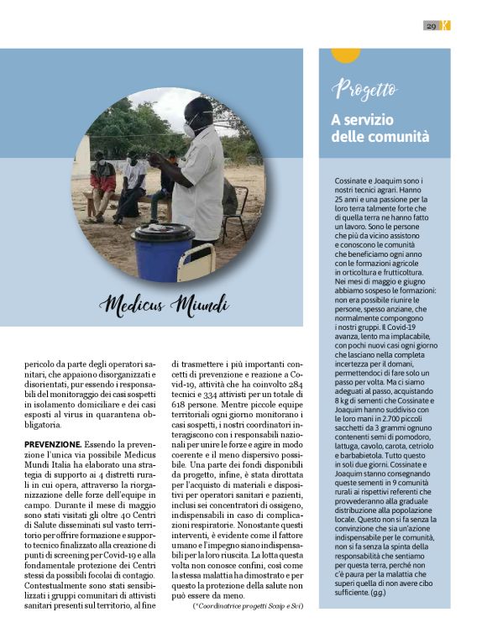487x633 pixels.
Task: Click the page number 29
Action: coord(431,26)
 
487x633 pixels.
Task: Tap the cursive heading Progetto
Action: coord(364,89)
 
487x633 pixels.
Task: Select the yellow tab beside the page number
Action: coord(445,26)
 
